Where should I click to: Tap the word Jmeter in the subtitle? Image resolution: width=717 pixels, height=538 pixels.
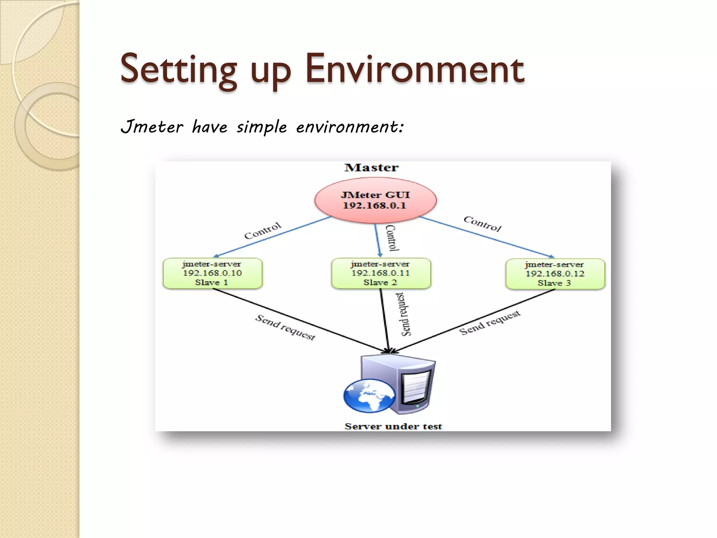click(x=152, y=126)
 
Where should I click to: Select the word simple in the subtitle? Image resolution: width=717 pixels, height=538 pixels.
click(x=262, y=127)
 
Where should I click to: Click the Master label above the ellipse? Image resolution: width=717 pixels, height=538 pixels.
click(x=371, y=168)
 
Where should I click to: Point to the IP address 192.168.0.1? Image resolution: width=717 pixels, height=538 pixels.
click(x=374, y=206)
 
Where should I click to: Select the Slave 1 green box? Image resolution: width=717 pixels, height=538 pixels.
click(x=213, y=274)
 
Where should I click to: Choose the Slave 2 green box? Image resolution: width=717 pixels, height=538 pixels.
click(x=381, y=274)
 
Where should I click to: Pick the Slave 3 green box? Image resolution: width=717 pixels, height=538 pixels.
click(x=555, y=274)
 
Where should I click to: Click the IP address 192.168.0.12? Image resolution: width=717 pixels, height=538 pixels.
click(x=555, y=274)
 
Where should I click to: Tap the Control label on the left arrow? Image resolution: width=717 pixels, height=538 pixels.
click(x=263, y=230)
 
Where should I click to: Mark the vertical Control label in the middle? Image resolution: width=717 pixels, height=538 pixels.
click(x=392, y=238)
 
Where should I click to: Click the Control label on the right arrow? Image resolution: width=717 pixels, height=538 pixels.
click(x=482, y=224)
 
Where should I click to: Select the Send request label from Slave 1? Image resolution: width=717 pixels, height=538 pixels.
click(x=285, y=327)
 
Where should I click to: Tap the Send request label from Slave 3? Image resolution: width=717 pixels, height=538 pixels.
click(x=489, y=323)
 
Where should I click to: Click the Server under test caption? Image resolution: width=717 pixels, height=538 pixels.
click(x=393, y=426)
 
